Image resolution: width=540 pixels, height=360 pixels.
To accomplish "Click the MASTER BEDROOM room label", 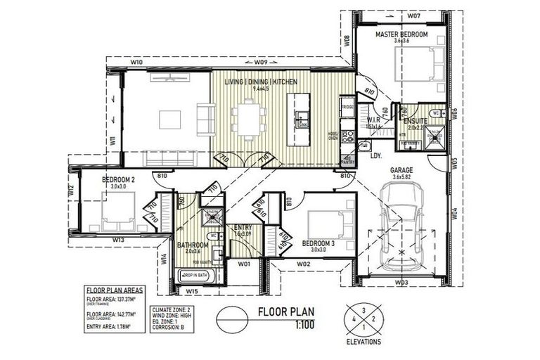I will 401,34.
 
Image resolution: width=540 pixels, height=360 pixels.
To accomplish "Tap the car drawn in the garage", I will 399,224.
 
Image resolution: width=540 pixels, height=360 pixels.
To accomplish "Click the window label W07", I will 393,15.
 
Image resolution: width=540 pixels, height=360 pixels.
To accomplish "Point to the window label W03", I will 401,282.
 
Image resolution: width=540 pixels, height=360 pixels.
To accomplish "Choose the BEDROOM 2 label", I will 118,180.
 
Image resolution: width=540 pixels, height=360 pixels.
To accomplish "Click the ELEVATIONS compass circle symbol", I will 364,317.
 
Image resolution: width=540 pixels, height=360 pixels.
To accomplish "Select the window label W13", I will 117,240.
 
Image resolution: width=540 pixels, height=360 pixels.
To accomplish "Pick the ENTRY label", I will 243,226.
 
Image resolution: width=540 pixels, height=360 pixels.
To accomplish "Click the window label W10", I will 137,63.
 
